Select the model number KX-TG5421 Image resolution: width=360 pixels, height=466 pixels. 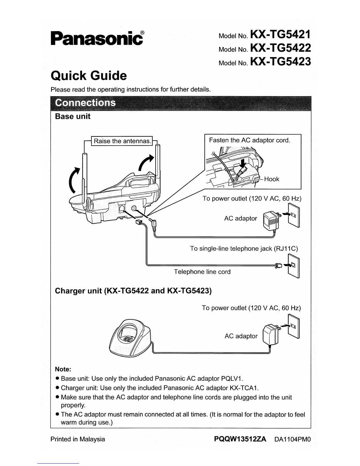[280, 34]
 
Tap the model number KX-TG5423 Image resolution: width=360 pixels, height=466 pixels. [280, 61]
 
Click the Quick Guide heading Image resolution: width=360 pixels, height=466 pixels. [89, 76]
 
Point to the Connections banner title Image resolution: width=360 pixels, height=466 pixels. [85, 103]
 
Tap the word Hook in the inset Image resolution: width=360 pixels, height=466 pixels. [271, 179]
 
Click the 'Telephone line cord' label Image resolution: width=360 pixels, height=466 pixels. [202, 272]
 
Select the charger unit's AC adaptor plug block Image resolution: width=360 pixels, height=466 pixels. [271, 335]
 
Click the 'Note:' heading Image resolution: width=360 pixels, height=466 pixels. [63, 369]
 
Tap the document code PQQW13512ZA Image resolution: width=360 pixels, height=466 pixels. [240, 439]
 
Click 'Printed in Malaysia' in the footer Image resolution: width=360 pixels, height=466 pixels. [78, 439]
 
